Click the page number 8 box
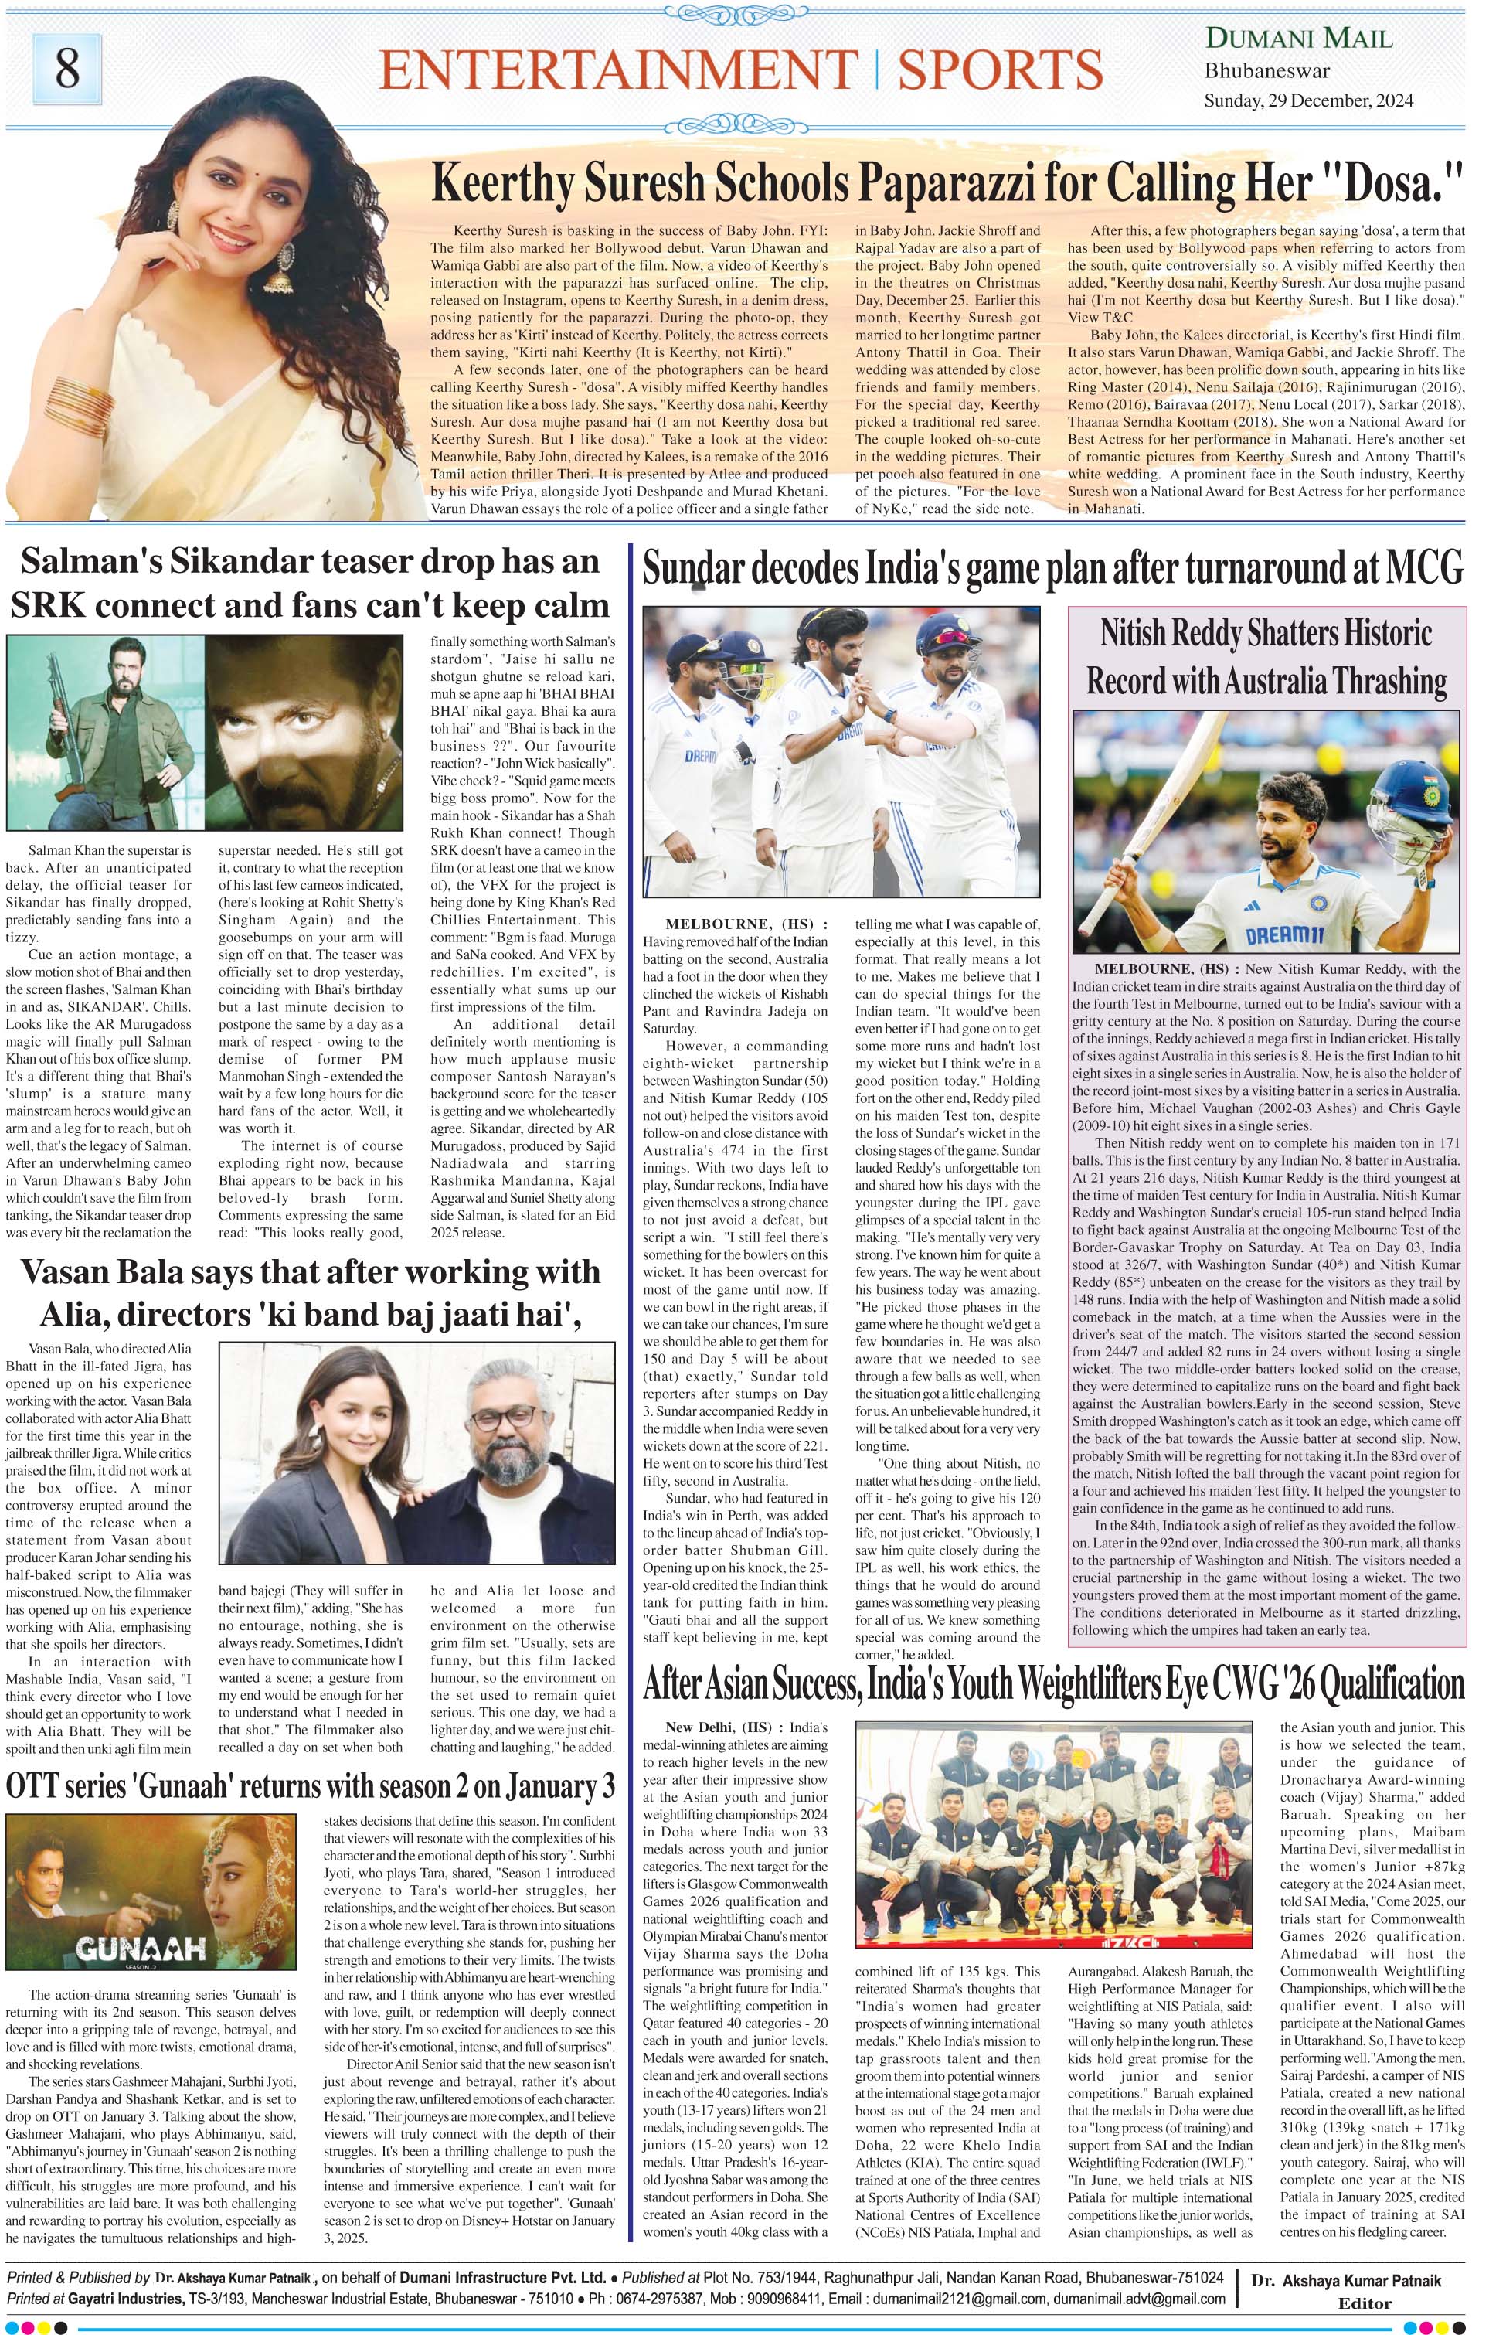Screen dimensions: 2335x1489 point(67,69)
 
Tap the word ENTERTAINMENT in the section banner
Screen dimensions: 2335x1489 point(617,71)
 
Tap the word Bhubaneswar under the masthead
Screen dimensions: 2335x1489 point(1267,71)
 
